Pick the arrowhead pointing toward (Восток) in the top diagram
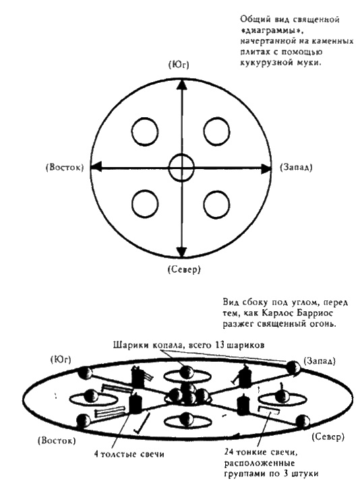tap(95, 166)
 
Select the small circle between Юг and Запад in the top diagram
tap(217, 131)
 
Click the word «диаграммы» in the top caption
tap(266, 31)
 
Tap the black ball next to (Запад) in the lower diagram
tap(293, 366)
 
